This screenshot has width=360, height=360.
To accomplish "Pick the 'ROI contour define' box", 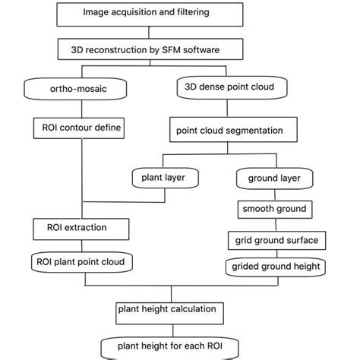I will pyautogui.click(x=78, y=127).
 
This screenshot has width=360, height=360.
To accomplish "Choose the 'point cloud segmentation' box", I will pyautogui.click(x=229, y=131).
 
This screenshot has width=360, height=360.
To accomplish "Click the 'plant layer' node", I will pyautogui.click(x=164, y=178).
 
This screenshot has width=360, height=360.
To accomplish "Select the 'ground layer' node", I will pyautogui.click(x=273, y=179).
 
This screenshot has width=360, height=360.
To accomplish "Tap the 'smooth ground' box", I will pyautogui.click(x=273, y=209).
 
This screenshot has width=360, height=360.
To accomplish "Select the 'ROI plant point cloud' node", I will pyautogui.click(x=83, y=263).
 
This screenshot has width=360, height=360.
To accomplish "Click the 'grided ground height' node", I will pyautogui.click(x=276, y=267).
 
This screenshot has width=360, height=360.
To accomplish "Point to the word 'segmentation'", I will pyautogui.click(x=254, y=131).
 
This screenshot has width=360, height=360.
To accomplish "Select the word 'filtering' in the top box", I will pyautogui.click(x=183, y=13).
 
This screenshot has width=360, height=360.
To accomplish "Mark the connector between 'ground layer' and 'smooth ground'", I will pyautogui.click(x=273, y=194).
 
